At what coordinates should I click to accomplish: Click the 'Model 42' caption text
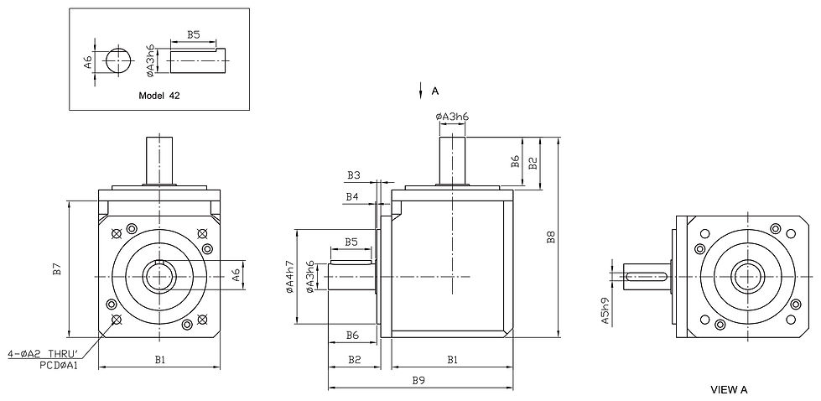pyautogui.click(x=158, y=96)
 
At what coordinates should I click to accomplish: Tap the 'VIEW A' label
pyautogui.click(x=728, y=389)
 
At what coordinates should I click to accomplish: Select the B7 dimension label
pyautogui.click(x=57, y=269)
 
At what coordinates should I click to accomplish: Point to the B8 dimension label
pyautogui.click(x=551, y=237)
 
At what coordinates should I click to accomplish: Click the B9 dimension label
pyautogui.click(x=419, y=380)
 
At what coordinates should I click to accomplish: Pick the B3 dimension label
pyautogui.click(x=353, y=175)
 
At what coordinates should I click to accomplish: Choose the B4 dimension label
pyautogui.click(x=353, y=196)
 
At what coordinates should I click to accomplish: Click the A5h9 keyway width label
pyautogui.click(x=605, y=310)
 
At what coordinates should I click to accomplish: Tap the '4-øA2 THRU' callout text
pyautogui.click(x=42, y=354)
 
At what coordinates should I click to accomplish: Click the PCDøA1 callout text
pyautogui.click(x=58, y=365)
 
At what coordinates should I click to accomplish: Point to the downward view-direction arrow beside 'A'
pyautogui.click(x=419, y=91)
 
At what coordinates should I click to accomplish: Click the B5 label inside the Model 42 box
pyautogui.click(x=193, y=34)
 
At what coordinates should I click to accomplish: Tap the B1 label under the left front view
pyautogui.click(x=158, y=360)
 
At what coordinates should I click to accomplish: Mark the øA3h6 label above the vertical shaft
pyautogui.click(x=452, y=117)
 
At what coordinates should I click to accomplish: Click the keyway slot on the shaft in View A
pyautogui.click(x=647, y=276)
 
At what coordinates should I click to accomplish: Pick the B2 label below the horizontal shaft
pyautogui.click(x=354, y=360)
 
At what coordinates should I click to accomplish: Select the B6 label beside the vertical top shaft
pyautogui.click(x=515, y=160)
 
